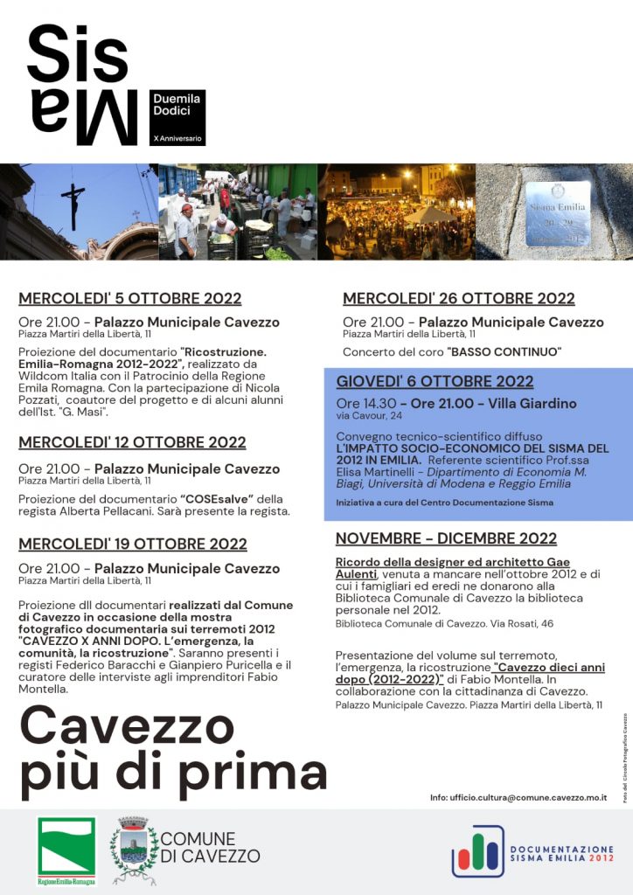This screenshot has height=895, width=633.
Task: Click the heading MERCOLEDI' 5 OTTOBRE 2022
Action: point(130,298)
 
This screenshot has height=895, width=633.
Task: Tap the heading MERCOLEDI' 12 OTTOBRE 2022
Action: point(132,442)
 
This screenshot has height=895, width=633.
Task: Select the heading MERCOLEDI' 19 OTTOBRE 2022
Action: point(133,544)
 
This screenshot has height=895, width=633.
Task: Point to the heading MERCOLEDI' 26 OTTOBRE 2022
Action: point(459,299)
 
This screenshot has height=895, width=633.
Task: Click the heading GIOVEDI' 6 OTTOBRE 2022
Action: point(435,381)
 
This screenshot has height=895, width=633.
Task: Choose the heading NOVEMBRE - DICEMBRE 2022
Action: point(446,538)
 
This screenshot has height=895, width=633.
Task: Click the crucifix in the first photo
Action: point(73,203)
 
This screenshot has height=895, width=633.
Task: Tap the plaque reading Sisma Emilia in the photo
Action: point(557,212)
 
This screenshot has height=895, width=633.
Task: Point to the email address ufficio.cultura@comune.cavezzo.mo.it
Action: point(518,798)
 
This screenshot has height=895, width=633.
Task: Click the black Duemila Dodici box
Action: point(177,117)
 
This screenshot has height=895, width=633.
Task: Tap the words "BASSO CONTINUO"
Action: point(504,352)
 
